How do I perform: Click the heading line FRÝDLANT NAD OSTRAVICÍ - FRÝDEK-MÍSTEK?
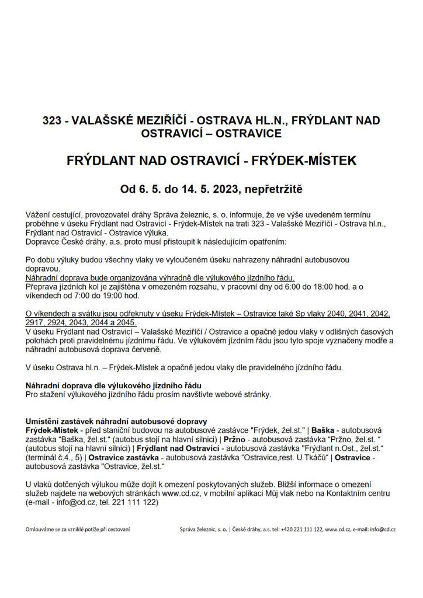click(x=211, y=161)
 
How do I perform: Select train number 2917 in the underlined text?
click(x=36, y=322)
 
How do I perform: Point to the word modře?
click(x=376, y=340)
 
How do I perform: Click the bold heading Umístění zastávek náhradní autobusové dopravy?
click(x=116, y=421)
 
